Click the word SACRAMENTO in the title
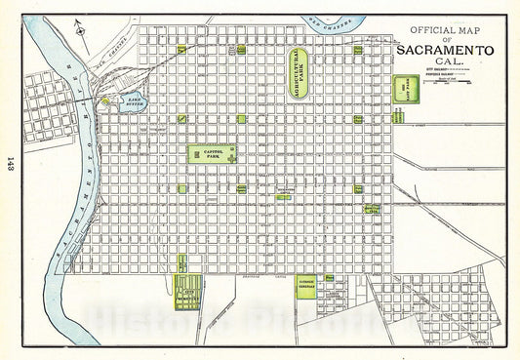point(445,51)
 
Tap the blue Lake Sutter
point(132,100)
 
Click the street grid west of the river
point(44,108)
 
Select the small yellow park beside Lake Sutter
point(105,100)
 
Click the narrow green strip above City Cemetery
point(181,261)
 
